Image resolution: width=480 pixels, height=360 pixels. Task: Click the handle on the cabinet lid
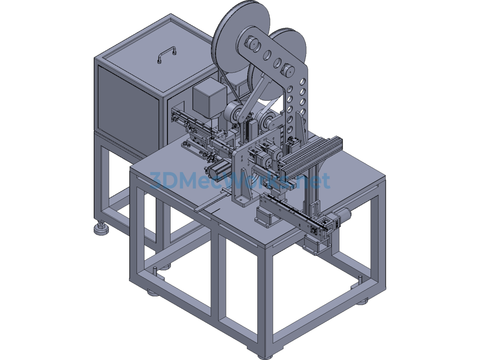coord(167,54)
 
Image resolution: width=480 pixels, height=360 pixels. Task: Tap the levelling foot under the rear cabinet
coord(101,229)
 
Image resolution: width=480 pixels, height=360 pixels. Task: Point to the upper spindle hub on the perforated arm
coord(252,43)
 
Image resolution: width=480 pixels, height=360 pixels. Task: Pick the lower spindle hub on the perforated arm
coord(288,70)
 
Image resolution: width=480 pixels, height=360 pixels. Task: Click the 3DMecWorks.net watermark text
coord(240,180)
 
